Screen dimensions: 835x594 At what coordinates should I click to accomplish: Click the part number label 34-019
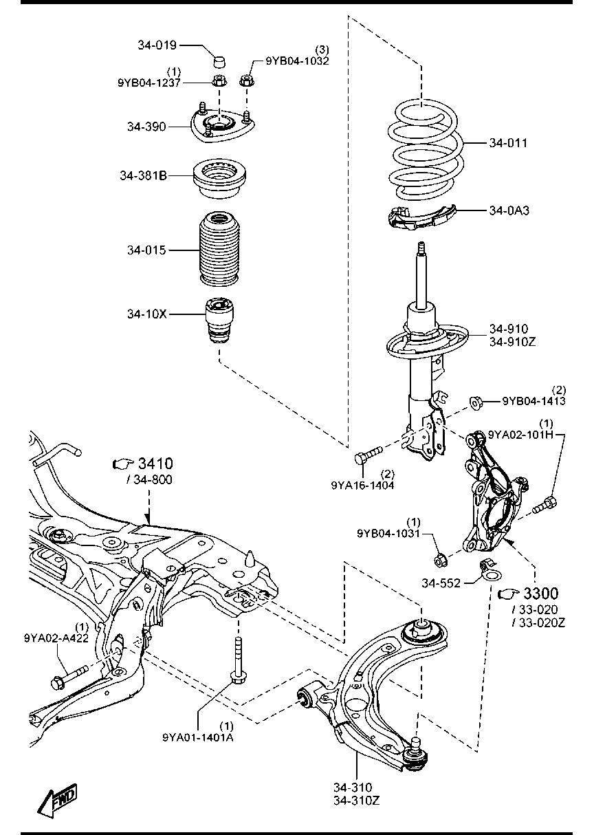157,45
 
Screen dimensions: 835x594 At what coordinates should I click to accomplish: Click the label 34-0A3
509,210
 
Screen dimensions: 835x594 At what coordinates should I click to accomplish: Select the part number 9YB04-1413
533,401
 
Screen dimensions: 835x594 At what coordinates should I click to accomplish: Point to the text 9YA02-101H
520,434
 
